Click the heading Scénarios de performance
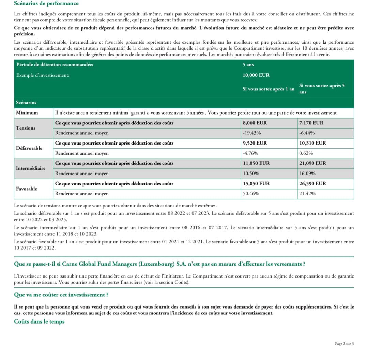[x=46, y=3]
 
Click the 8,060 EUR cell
[x=255, y=123]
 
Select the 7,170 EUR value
[x=311, y=123]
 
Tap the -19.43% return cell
[x=252, y=133]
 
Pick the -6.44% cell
[x=307, y=133]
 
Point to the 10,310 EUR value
[x=312, y=143]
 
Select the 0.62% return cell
[x=306, y=153]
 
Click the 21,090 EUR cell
[x=312, y=163]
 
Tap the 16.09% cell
[x=307, y=174]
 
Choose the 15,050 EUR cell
[x=256, y=183]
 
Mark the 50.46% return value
[x=251, y=194]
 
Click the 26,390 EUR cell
[x=312, y=183]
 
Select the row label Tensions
[x=26, y=128]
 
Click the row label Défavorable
[x=29, y=148]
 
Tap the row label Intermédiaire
[x=31, y=168]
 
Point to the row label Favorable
[x=27, y=189]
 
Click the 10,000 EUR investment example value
[x=256, y=75]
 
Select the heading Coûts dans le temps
[x=39, y=321]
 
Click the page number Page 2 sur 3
[x=344, y=344]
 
